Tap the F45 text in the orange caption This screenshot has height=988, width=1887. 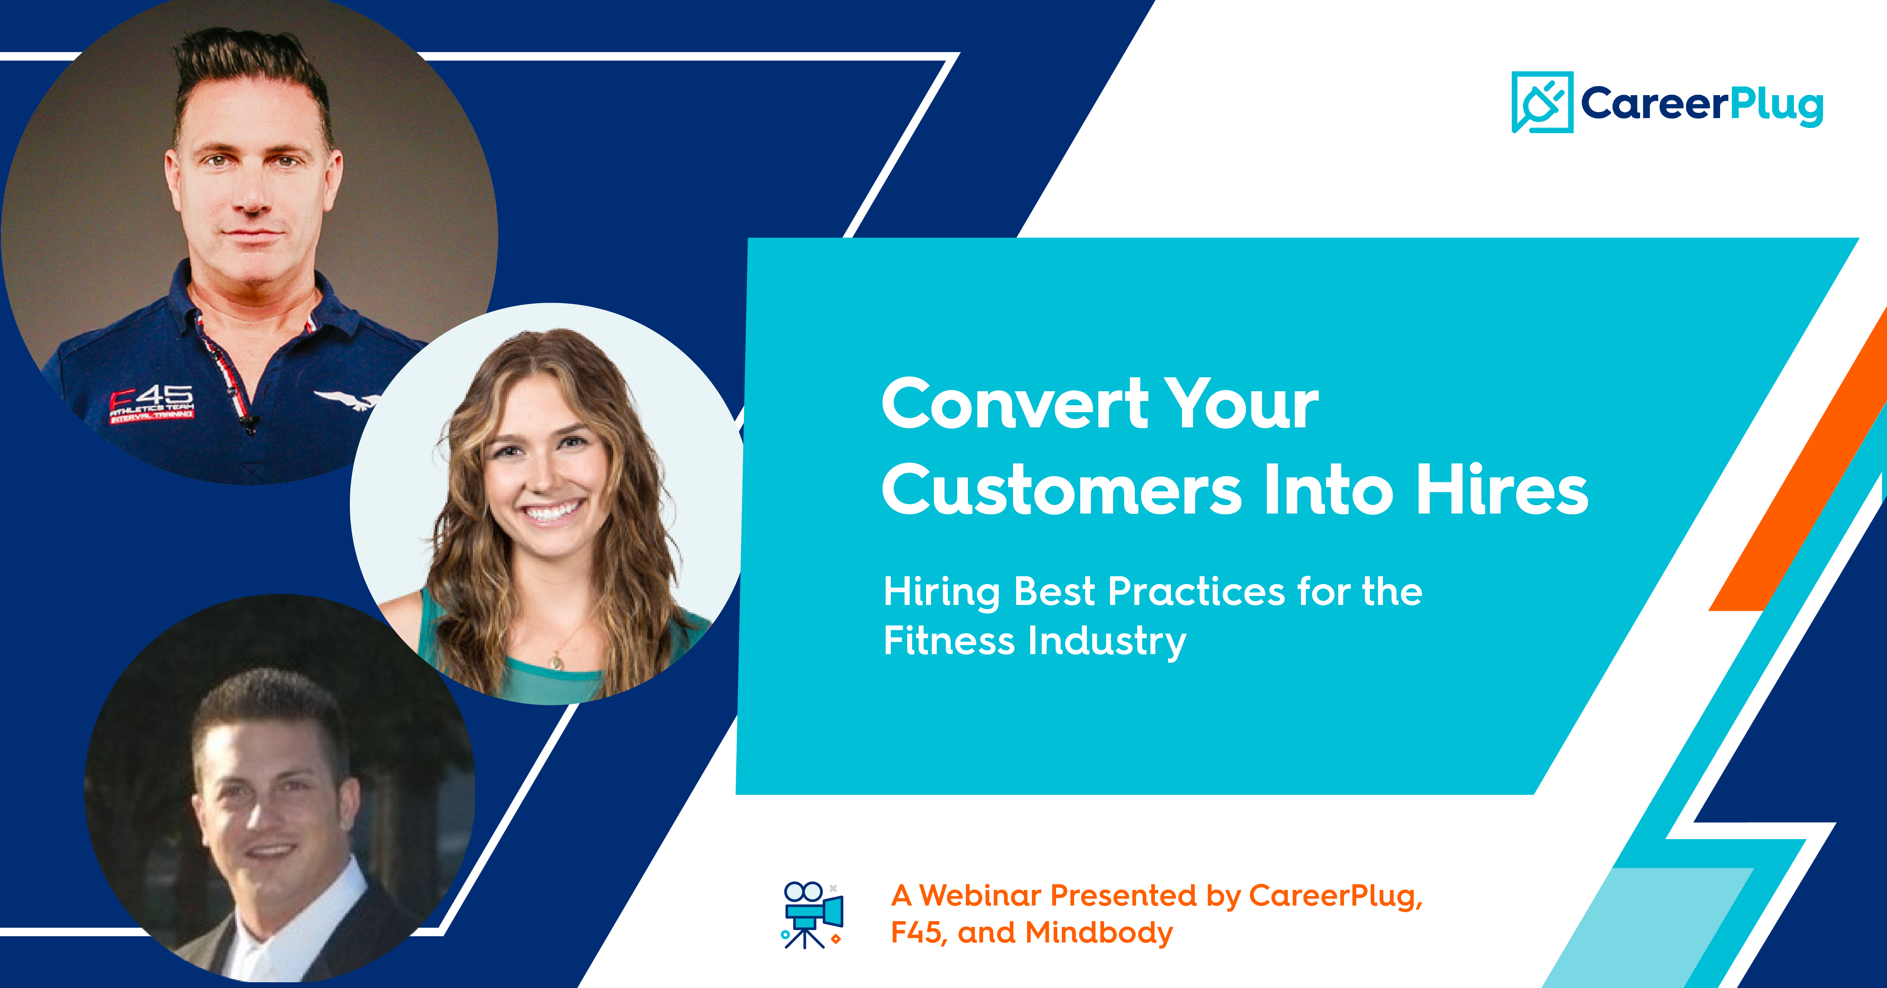point(916,933)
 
